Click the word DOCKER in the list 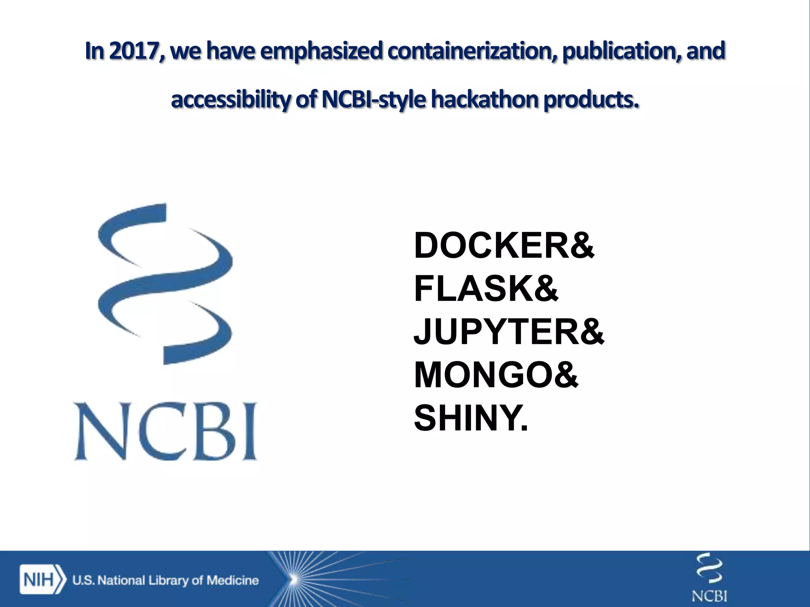pos(490,246)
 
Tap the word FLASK pos(473,289)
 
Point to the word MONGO pos(483,375)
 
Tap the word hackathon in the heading pos(484,100)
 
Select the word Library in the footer pos(168,580)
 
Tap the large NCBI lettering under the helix pos(166,431)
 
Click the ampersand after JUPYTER pos(592,332)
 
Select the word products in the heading pos(591,100)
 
